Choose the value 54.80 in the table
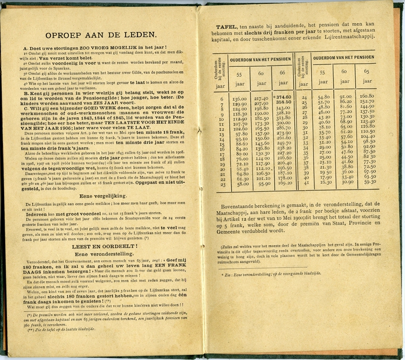tap(324, 97)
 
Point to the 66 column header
tap(283, 74)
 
